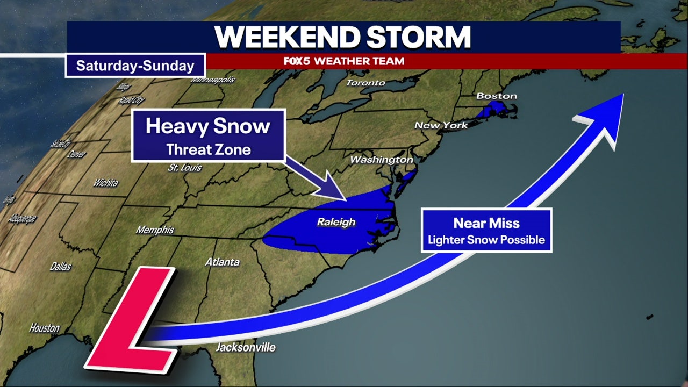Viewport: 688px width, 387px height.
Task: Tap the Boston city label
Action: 497,96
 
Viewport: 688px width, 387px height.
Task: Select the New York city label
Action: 441,125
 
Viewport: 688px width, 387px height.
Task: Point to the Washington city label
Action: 382,160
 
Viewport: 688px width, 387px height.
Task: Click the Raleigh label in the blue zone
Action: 336,222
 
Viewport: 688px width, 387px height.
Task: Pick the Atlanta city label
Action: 223,262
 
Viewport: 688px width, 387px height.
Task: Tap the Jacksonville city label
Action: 246,347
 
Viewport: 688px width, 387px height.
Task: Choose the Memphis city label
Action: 155,230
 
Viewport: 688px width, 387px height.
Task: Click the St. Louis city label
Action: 184,168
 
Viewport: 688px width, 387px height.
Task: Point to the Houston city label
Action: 44,328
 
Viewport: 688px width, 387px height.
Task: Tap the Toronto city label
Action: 365,83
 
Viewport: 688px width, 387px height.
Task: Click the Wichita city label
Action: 105,183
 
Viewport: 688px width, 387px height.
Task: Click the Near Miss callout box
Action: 486,230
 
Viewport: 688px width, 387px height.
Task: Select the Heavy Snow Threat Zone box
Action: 208,135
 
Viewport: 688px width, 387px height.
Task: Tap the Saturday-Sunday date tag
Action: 135,66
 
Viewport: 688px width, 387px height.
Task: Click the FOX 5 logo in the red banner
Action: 297,61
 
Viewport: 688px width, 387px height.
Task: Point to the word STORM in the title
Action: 419,37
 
